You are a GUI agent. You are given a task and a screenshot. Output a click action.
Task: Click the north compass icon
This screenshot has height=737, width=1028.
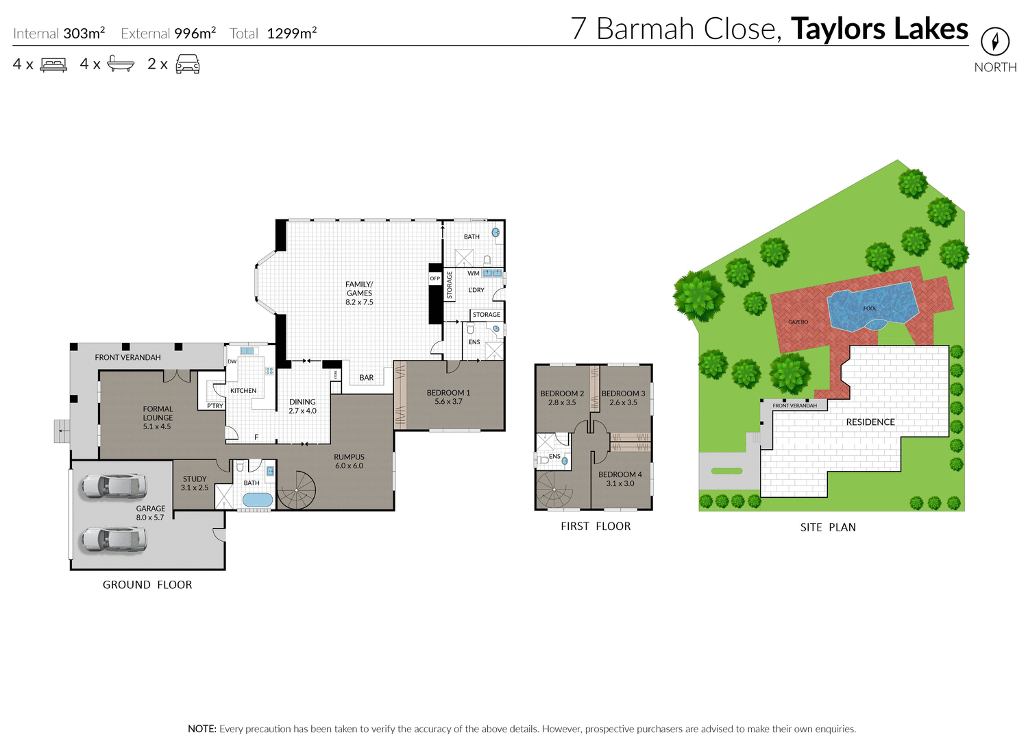pos(994,42)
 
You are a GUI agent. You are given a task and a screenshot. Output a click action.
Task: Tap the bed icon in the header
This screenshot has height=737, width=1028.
pos(53,64)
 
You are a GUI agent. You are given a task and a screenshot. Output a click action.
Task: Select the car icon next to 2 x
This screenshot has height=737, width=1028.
pos(187,64)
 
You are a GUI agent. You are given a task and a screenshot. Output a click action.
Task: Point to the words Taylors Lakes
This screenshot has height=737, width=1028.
pos(879,29)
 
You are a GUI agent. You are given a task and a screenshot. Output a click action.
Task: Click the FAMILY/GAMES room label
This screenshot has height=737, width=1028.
pos(359,293)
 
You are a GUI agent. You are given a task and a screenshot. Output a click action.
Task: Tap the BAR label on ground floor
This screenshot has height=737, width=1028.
pos(367,378)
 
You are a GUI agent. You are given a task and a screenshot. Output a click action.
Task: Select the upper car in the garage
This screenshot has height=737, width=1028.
pos(113,485)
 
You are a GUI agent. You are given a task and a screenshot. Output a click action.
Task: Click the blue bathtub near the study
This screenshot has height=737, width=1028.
pos(257,499)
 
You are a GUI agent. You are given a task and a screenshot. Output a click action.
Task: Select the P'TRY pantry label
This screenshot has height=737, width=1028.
pos(215,406)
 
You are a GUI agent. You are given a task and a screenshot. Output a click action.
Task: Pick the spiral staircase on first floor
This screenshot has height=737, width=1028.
pos(554,490)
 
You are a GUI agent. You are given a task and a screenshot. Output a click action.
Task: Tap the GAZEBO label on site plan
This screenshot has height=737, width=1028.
pos(798,322)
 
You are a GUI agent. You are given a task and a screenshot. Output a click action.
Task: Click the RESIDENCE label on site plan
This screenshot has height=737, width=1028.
pos(870,422)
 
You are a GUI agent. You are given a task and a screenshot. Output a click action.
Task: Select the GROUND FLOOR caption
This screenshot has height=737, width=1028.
pos(147,585)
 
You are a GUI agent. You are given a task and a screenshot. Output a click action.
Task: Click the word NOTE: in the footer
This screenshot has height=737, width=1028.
pos(202,729)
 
